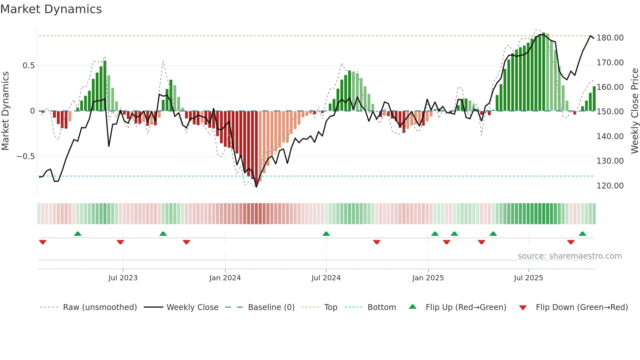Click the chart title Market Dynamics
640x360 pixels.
click(51, 9)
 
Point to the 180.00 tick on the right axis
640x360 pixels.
click(610, 38)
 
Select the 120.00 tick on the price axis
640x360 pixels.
click(610, 186)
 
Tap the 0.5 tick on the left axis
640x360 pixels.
click(28, 66)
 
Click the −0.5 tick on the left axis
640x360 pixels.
click(25, 156)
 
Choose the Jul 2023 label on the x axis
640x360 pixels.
click(123, 278)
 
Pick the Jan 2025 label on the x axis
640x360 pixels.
click(428, 278)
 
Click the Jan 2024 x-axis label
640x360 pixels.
click(225, 278)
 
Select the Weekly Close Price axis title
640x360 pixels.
click(634, 111)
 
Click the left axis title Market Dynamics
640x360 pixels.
click(5, 111)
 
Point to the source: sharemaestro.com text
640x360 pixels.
click(569, 256)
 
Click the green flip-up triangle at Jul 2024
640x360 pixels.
click(326, 234)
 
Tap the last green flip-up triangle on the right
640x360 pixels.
click(582, 234)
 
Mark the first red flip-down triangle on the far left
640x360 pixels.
click(43, 242)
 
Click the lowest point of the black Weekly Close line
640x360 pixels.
click(256, 187)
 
